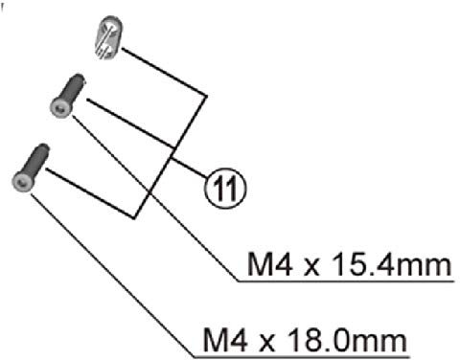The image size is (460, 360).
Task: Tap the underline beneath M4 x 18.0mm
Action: (307, 355)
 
